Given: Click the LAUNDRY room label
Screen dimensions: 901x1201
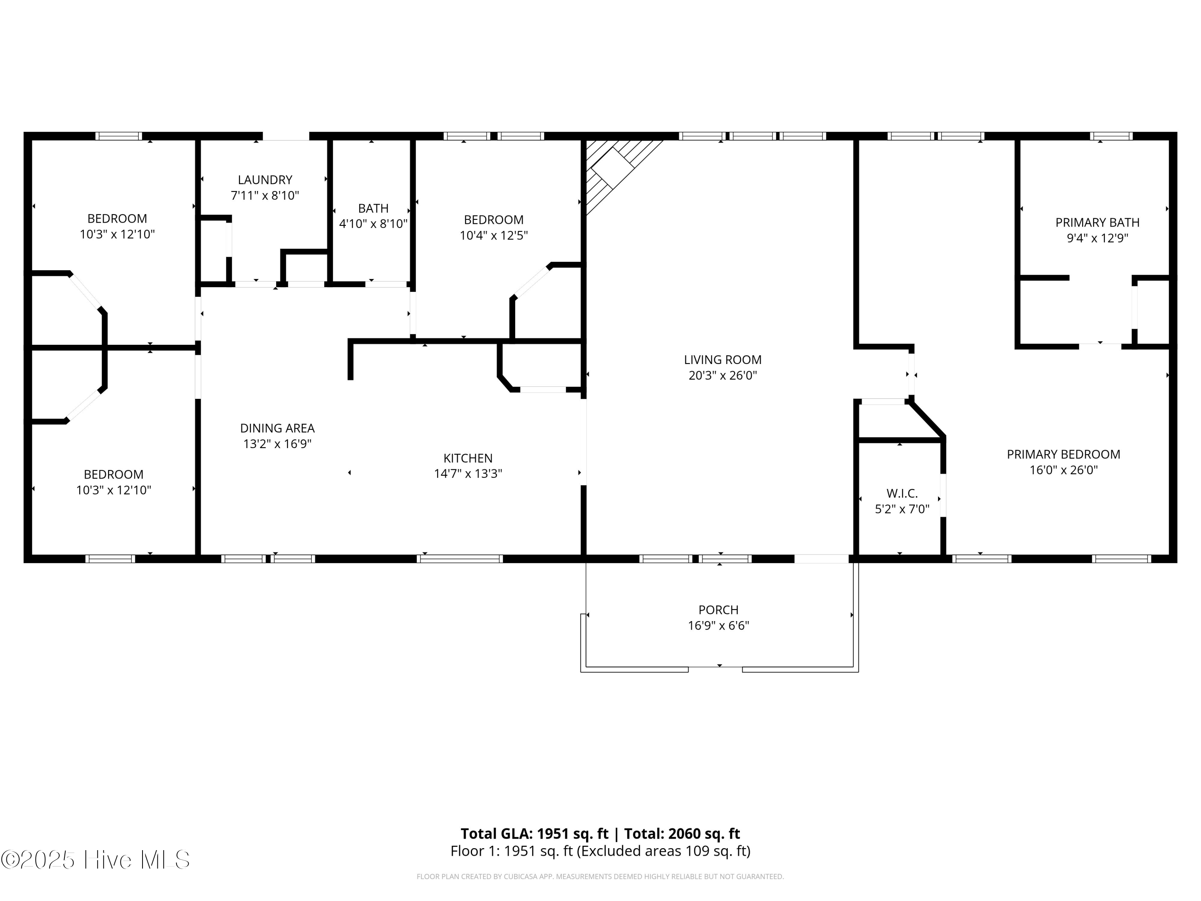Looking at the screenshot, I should click(x=265, y=180).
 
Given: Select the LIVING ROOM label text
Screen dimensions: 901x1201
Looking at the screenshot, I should click(x=722, y=360).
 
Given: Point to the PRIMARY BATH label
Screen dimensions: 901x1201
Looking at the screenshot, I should click(x=1097, y=223).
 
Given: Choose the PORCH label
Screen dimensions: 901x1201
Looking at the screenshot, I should click(x=718, y=610).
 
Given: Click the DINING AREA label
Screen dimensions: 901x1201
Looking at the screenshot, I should click(x=277, y=428).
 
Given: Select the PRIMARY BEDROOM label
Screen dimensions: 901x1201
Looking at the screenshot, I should click(x=1063, y=455).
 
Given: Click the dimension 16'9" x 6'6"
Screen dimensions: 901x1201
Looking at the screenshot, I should click(x=718, y=625).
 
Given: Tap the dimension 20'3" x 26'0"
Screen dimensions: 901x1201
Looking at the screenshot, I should click(x=722, y=375).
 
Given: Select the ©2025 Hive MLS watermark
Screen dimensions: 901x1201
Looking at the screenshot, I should click(x=96, y=859).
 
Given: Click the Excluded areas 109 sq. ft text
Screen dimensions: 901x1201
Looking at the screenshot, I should click(x=663, y=851).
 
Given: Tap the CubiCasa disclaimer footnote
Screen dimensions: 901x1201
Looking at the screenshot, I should click(x=600, y=877).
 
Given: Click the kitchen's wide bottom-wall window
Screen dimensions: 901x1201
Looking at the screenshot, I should click(x=460, y=558).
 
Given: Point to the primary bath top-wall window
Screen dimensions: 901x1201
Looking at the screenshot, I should click(x=1111, y=136).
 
